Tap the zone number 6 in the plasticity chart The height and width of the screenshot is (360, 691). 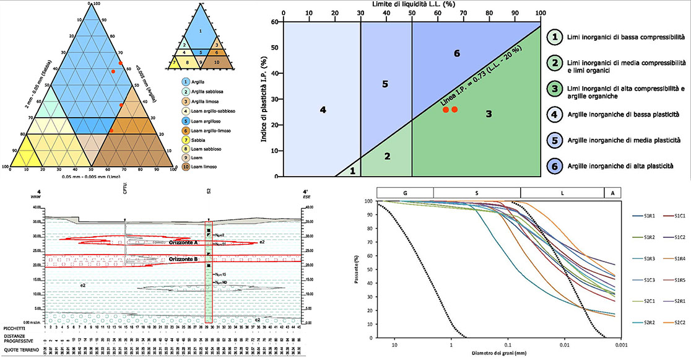tap(457, 54)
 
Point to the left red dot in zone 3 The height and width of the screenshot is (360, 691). tap(445, 110)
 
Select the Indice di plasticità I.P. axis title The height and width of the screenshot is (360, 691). tap(265, 99)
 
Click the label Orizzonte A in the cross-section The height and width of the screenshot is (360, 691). tap(184, 243)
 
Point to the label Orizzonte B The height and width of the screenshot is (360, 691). tap(184, 258)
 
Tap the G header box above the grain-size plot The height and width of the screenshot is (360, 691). tap(404, 193)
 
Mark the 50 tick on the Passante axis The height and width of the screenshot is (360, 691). tap(370, 270)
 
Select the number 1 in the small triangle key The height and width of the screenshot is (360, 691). tap(199, 30)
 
